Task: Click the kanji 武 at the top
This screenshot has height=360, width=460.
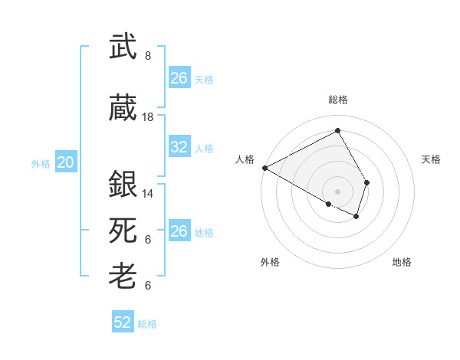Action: tap(123, 47)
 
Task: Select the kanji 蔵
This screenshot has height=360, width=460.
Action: tap(123, 109)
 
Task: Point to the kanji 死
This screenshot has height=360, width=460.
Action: tap(123, 230)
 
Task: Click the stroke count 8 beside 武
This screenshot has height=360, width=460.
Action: tap(148, 56)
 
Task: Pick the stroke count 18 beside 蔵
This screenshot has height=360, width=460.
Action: tap(148, 117)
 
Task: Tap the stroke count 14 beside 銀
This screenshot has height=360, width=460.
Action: tap(148, 194)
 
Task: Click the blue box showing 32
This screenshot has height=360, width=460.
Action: tap(179, 147)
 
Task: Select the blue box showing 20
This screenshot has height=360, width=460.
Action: tap(66, 162)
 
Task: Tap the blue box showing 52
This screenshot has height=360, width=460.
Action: tap(123, 322)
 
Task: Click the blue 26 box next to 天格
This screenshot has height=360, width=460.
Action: tap(179, 78)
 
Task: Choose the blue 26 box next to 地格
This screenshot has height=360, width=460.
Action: tap(179, 231)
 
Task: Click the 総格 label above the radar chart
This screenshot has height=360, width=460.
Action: tap(337, 100)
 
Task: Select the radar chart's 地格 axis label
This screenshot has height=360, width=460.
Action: tap(402, 262)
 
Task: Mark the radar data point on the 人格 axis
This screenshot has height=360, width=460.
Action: tap(264, 167)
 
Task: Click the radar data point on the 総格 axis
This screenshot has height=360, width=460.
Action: tap(337, 131)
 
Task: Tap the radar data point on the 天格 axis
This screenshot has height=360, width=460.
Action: tap(367, 182)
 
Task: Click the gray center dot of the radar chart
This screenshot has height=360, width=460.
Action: tap(337, 191)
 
